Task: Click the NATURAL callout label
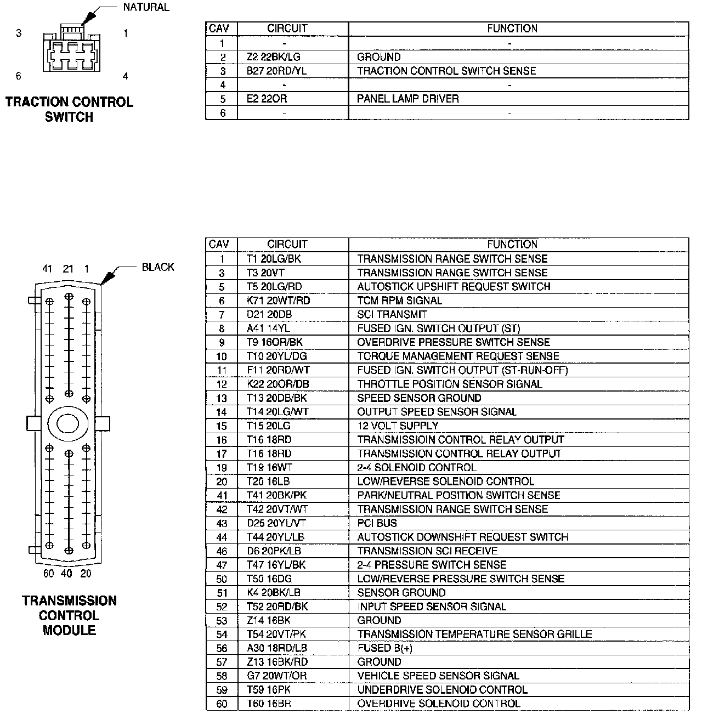point(146,8)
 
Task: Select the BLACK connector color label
point(157,267)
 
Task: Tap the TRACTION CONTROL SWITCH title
point(69,109)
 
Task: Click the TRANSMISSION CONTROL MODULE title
point(69,615)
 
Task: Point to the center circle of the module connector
point(68,423)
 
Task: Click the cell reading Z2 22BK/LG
point(274,57)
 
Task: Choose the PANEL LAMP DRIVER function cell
point(407,99)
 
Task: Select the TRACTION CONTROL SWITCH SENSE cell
point(446,71)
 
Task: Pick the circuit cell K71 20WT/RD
point(278,301)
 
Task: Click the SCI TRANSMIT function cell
point(392,314)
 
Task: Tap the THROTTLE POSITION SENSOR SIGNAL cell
point(449,384)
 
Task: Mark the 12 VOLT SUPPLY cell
point(398,426)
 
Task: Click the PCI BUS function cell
point(377,523)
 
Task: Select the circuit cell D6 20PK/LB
point(274,551)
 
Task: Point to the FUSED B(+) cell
point(384,648)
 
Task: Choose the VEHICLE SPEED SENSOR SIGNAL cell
point(438,676)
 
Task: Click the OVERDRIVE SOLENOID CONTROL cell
point(438,704)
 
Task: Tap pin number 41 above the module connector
point(47,269)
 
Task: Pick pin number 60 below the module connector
point(49,574)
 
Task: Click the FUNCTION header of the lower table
point(512,244)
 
